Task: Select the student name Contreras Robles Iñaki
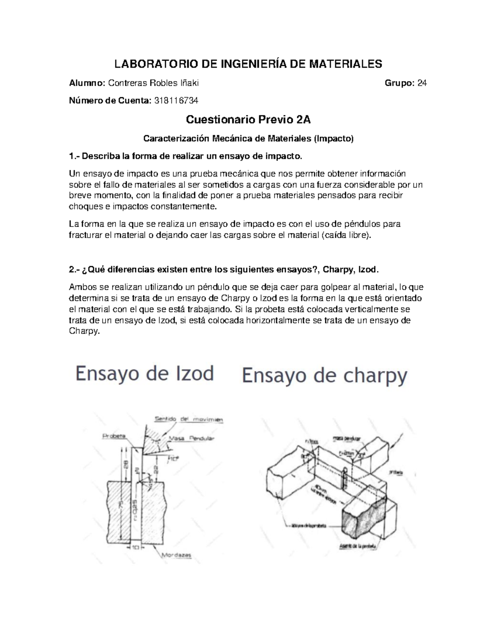153,83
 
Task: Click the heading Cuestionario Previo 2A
248,120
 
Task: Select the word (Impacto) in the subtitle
334,139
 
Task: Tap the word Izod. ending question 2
368,270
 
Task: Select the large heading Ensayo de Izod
145,374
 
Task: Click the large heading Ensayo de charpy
325,376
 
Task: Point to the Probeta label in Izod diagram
114,436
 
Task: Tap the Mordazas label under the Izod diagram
176,556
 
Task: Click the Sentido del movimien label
188,419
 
